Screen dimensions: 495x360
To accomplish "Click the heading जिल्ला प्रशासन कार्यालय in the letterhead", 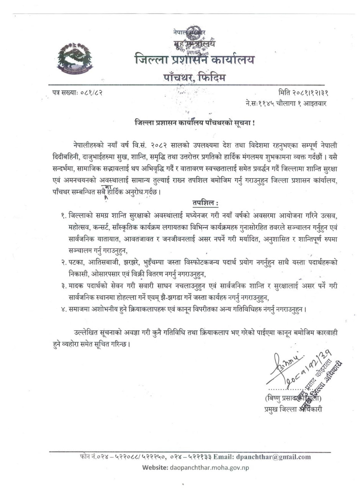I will [194, 60].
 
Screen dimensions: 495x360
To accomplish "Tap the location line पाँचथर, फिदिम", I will [194, 78].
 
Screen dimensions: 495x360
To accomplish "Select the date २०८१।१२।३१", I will [306, 92].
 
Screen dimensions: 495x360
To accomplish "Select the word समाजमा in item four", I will [79, 309].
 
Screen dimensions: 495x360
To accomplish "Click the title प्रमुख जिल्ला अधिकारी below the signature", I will [291, 409].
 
